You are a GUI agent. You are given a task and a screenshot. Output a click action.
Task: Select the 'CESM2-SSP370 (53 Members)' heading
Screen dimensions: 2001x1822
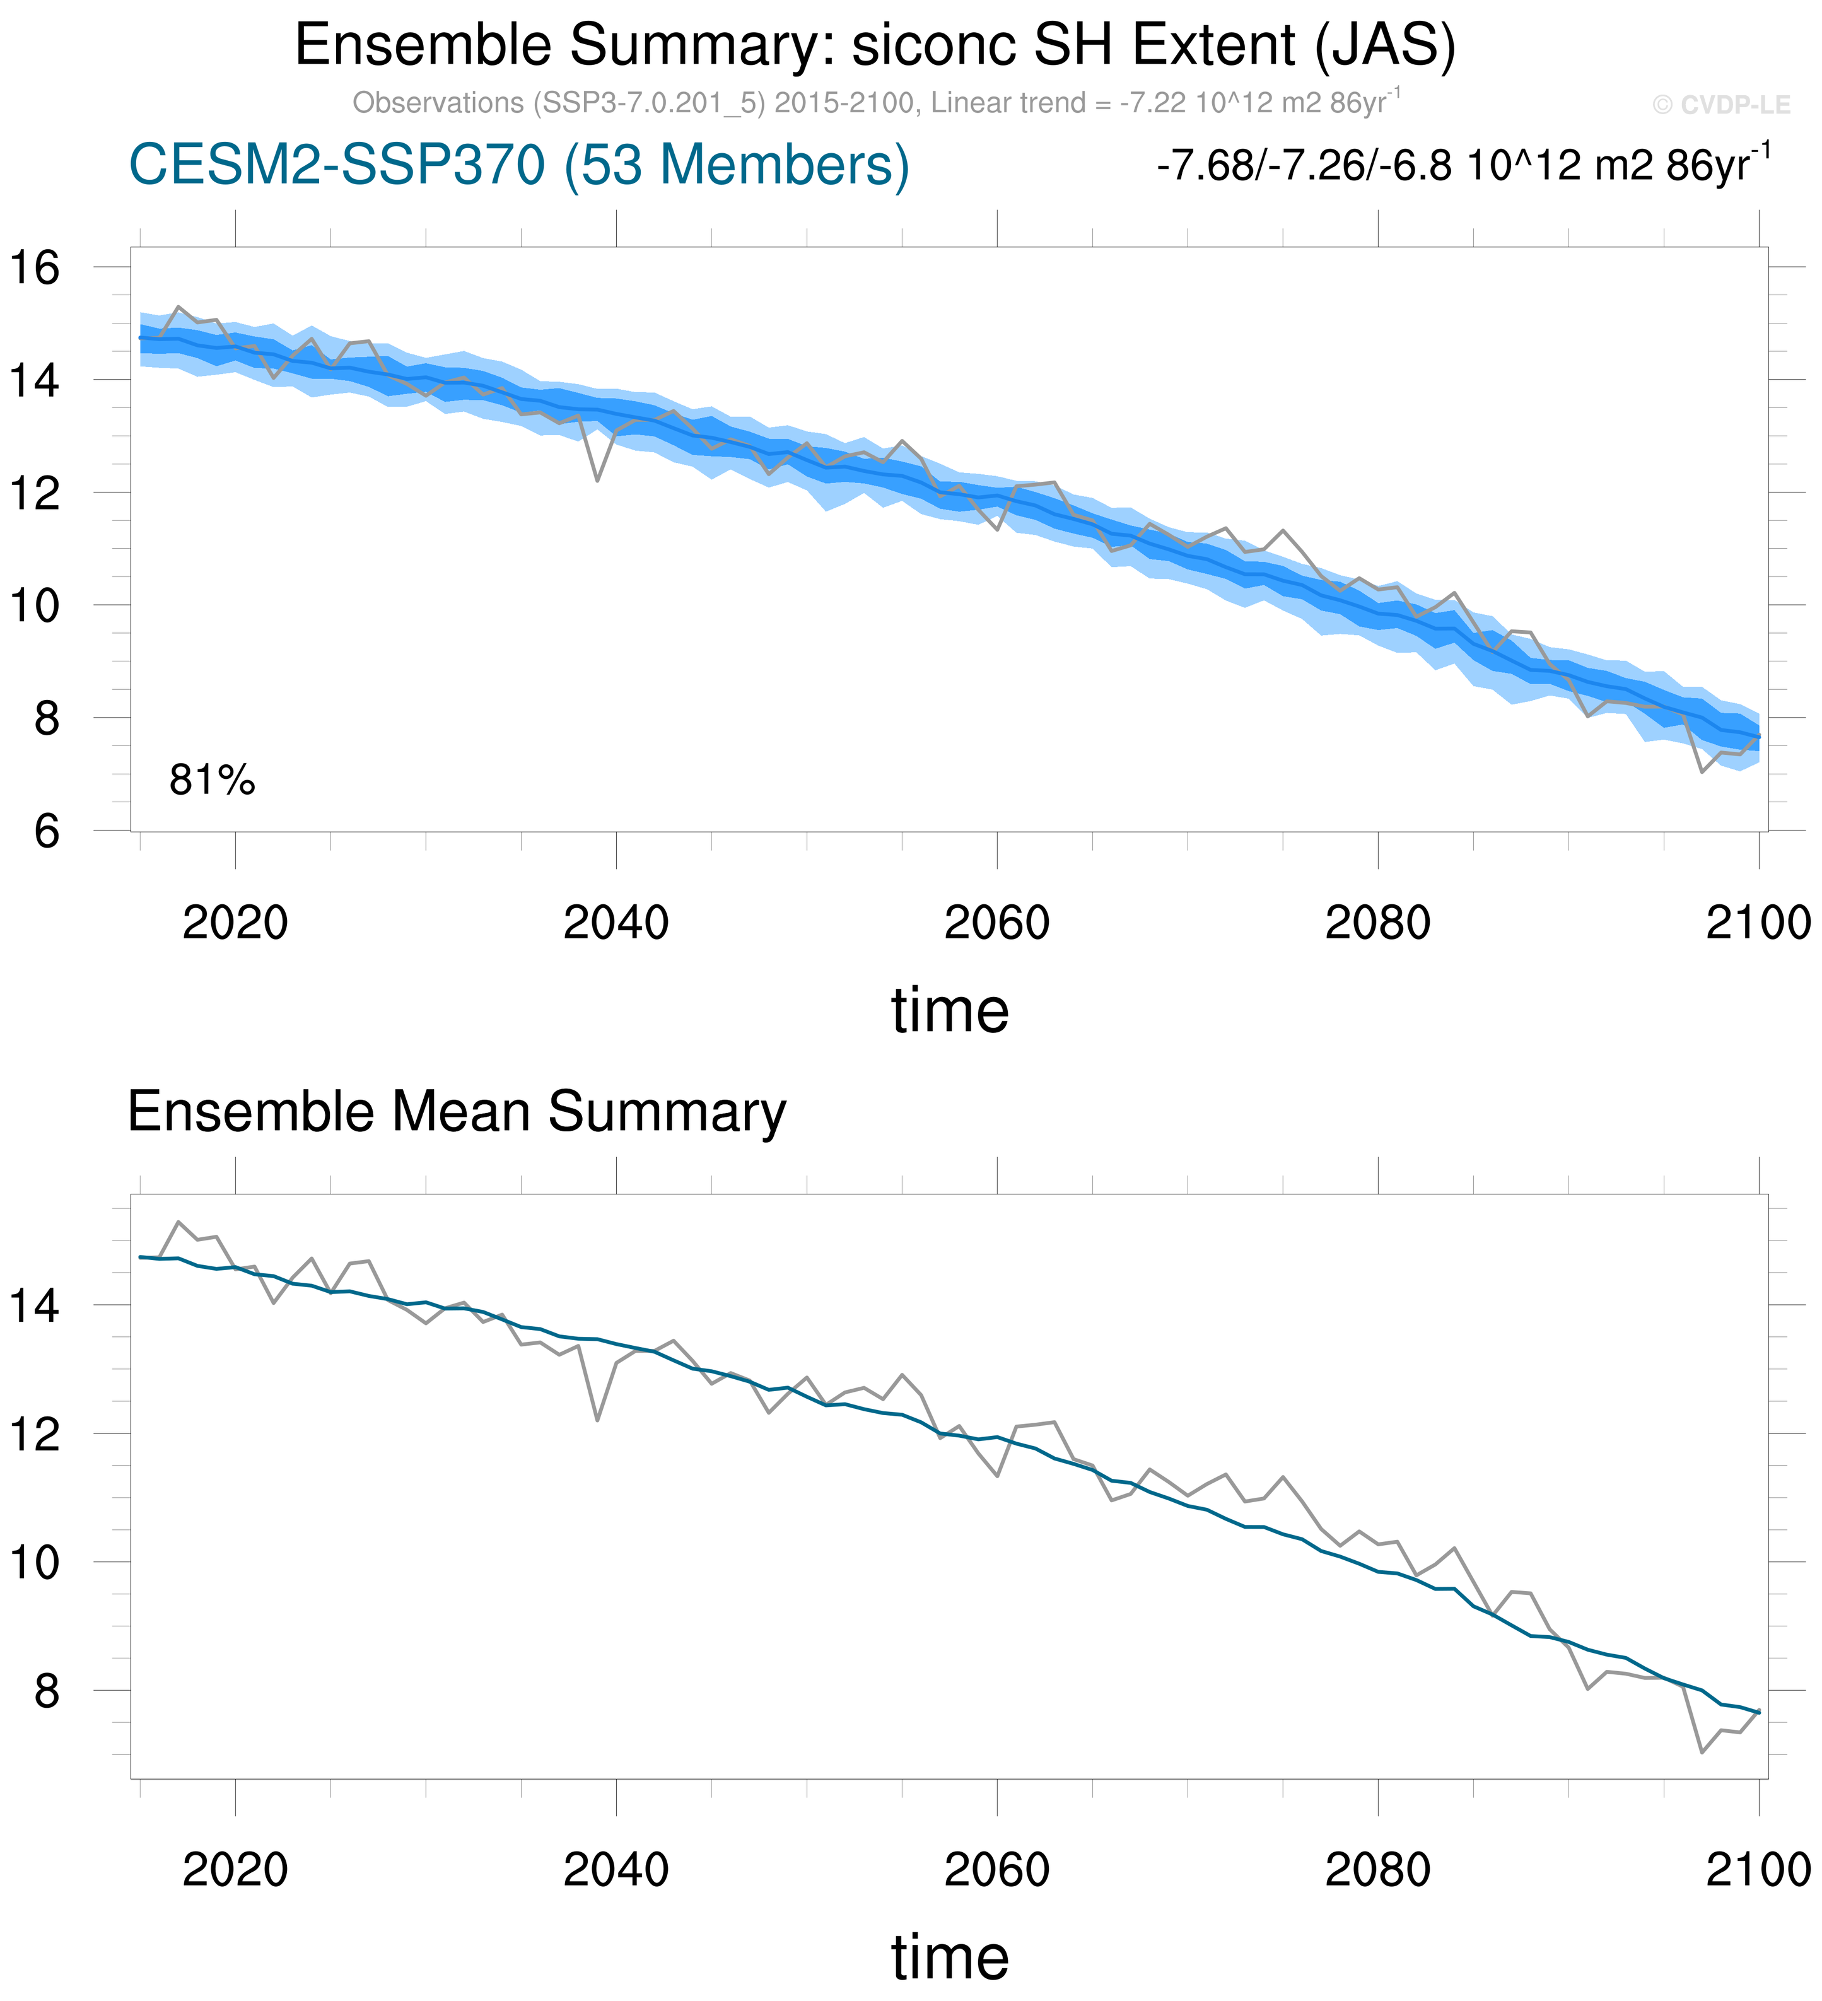[519, 165]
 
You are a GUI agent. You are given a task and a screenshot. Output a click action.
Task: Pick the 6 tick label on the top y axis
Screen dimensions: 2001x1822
[47, 831]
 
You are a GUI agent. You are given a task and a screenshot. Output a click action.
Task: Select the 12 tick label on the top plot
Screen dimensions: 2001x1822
[35, 493]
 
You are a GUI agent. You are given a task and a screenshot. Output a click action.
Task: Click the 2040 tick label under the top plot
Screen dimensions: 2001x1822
[616, 923]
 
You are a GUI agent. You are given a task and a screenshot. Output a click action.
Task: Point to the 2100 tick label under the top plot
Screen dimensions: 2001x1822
[1758, 923]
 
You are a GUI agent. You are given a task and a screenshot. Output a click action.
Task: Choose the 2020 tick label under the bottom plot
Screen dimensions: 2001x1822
[235, 1870]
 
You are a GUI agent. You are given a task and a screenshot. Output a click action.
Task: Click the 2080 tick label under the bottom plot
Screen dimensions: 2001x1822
[1377, 1870]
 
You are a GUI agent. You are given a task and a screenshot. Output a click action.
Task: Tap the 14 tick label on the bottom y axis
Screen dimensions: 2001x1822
[35, 1305]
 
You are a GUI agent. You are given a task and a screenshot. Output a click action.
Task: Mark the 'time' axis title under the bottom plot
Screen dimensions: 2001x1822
[950, 1957]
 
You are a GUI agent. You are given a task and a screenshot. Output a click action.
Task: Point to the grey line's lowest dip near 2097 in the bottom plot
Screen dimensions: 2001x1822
[1702, 1752]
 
